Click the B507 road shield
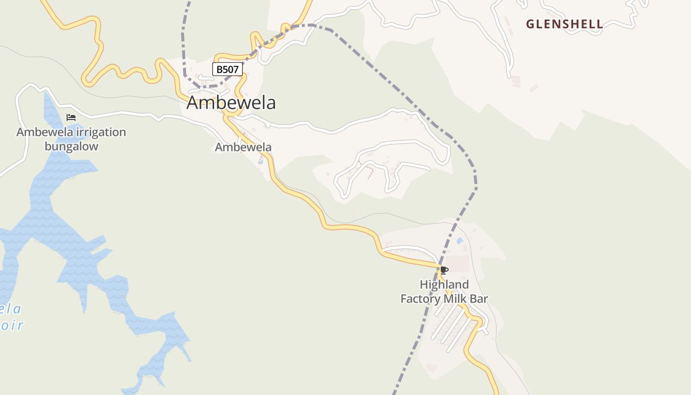(228, 70)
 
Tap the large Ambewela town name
(231, 103)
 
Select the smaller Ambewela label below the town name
(243, 147)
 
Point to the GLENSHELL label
(564, 24)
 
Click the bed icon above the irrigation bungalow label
(71, 118)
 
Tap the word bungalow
(72, 146)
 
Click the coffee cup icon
(444, 270)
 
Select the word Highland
(444, 284)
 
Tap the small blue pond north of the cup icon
(460, 241)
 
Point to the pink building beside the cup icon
(459, 264)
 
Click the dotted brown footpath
(368, 170)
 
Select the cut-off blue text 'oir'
(12, 325)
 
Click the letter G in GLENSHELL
(530, 24)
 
